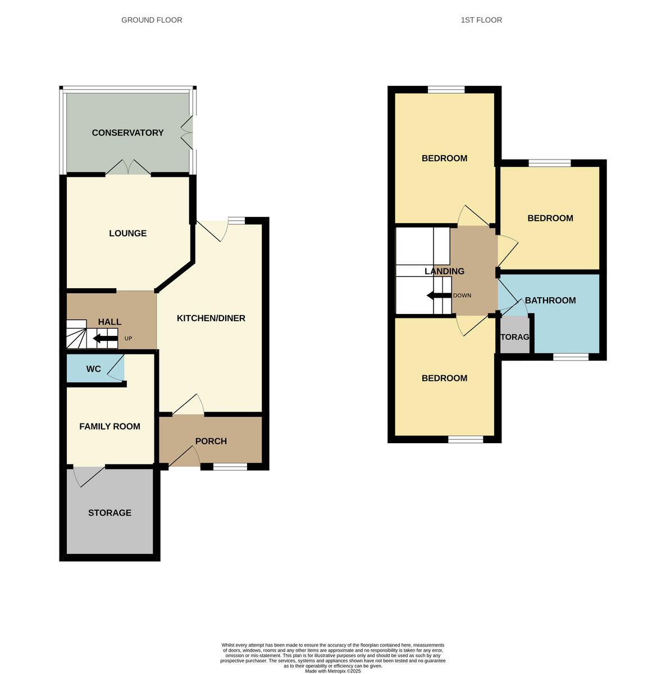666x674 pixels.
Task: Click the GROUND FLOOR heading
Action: point(152,20)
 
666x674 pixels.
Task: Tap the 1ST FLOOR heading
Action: point(481,20)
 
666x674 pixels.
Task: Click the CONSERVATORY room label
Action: point(127,133)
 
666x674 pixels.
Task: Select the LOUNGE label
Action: point(127,233)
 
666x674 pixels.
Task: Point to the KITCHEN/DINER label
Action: point(211,318)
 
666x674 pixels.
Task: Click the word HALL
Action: point(110,322)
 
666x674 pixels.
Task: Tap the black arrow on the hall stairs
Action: point(105,338)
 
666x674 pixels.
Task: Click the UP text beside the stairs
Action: point(129,339)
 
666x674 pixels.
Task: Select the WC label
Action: point(93,369)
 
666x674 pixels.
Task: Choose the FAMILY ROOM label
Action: point(110,426)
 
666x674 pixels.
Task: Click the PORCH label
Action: point(211,441)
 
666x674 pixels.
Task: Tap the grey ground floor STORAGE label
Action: point(110,513)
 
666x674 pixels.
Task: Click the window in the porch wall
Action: point(230,466)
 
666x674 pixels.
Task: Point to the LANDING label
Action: point(444,271)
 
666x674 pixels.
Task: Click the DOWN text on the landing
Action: point(462,295)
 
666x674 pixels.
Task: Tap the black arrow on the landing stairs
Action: point(439,295)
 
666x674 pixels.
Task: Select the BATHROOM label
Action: point(550,300)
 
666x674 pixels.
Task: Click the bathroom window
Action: point(571,357)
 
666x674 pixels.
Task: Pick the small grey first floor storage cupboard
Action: point(515,335)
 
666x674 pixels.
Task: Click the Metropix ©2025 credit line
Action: point(332,671)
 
